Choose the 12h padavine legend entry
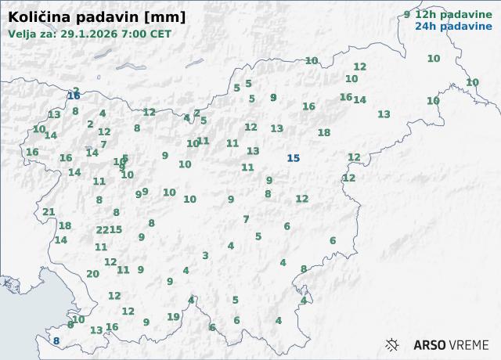[448, 14]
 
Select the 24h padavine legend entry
[448, 26]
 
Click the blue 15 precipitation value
[293, 158]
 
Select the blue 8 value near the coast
[56, 340]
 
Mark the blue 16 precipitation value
[74, 95]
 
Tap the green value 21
[49, 212]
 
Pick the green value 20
[92, 274]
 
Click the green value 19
[173, 317]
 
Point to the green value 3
[205, 255]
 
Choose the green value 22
[102, 229]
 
